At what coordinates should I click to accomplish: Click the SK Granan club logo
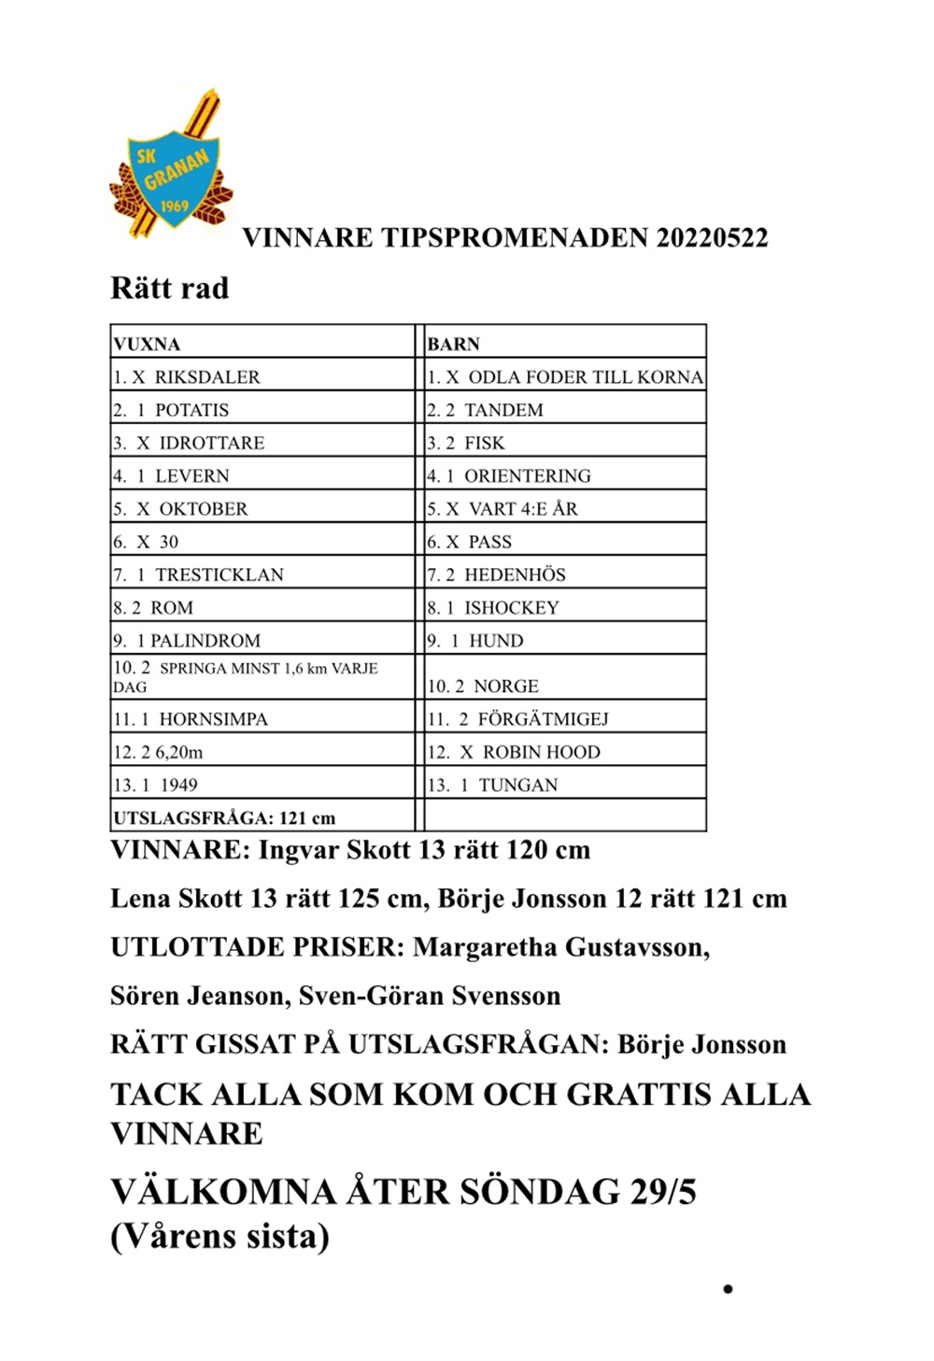171,168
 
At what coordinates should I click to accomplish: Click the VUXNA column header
147,344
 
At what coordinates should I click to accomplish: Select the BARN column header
453,344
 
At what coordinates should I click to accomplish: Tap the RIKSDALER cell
207,376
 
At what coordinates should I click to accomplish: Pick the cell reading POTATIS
191,409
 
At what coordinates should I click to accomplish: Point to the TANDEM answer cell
503,409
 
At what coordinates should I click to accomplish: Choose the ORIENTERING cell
528,475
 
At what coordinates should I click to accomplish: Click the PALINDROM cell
205,640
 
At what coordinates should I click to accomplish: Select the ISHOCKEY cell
512,607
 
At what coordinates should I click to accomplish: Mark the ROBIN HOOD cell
541,752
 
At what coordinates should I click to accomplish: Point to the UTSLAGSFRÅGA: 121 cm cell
224,817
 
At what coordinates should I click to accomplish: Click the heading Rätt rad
169,288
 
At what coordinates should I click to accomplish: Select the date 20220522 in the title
712,237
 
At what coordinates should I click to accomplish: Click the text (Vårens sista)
219,1236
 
